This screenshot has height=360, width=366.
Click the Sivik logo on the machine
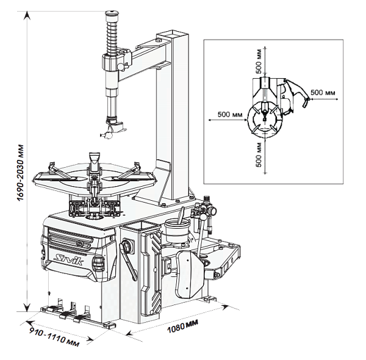pos(68,260)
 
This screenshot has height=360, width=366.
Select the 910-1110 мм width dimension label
pos(54,338)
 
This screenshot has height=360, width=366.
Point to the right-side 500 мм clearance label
pos(323,93)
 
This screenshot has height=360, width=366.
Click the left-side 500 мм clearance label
pos(230,115)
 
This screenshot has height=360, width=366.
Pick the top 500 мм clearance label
pos(259,61)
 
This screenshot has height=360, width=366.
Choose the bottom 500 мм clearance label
pos(259,155)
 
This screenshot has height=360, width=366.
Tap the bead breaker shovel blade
pos(189,275)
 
